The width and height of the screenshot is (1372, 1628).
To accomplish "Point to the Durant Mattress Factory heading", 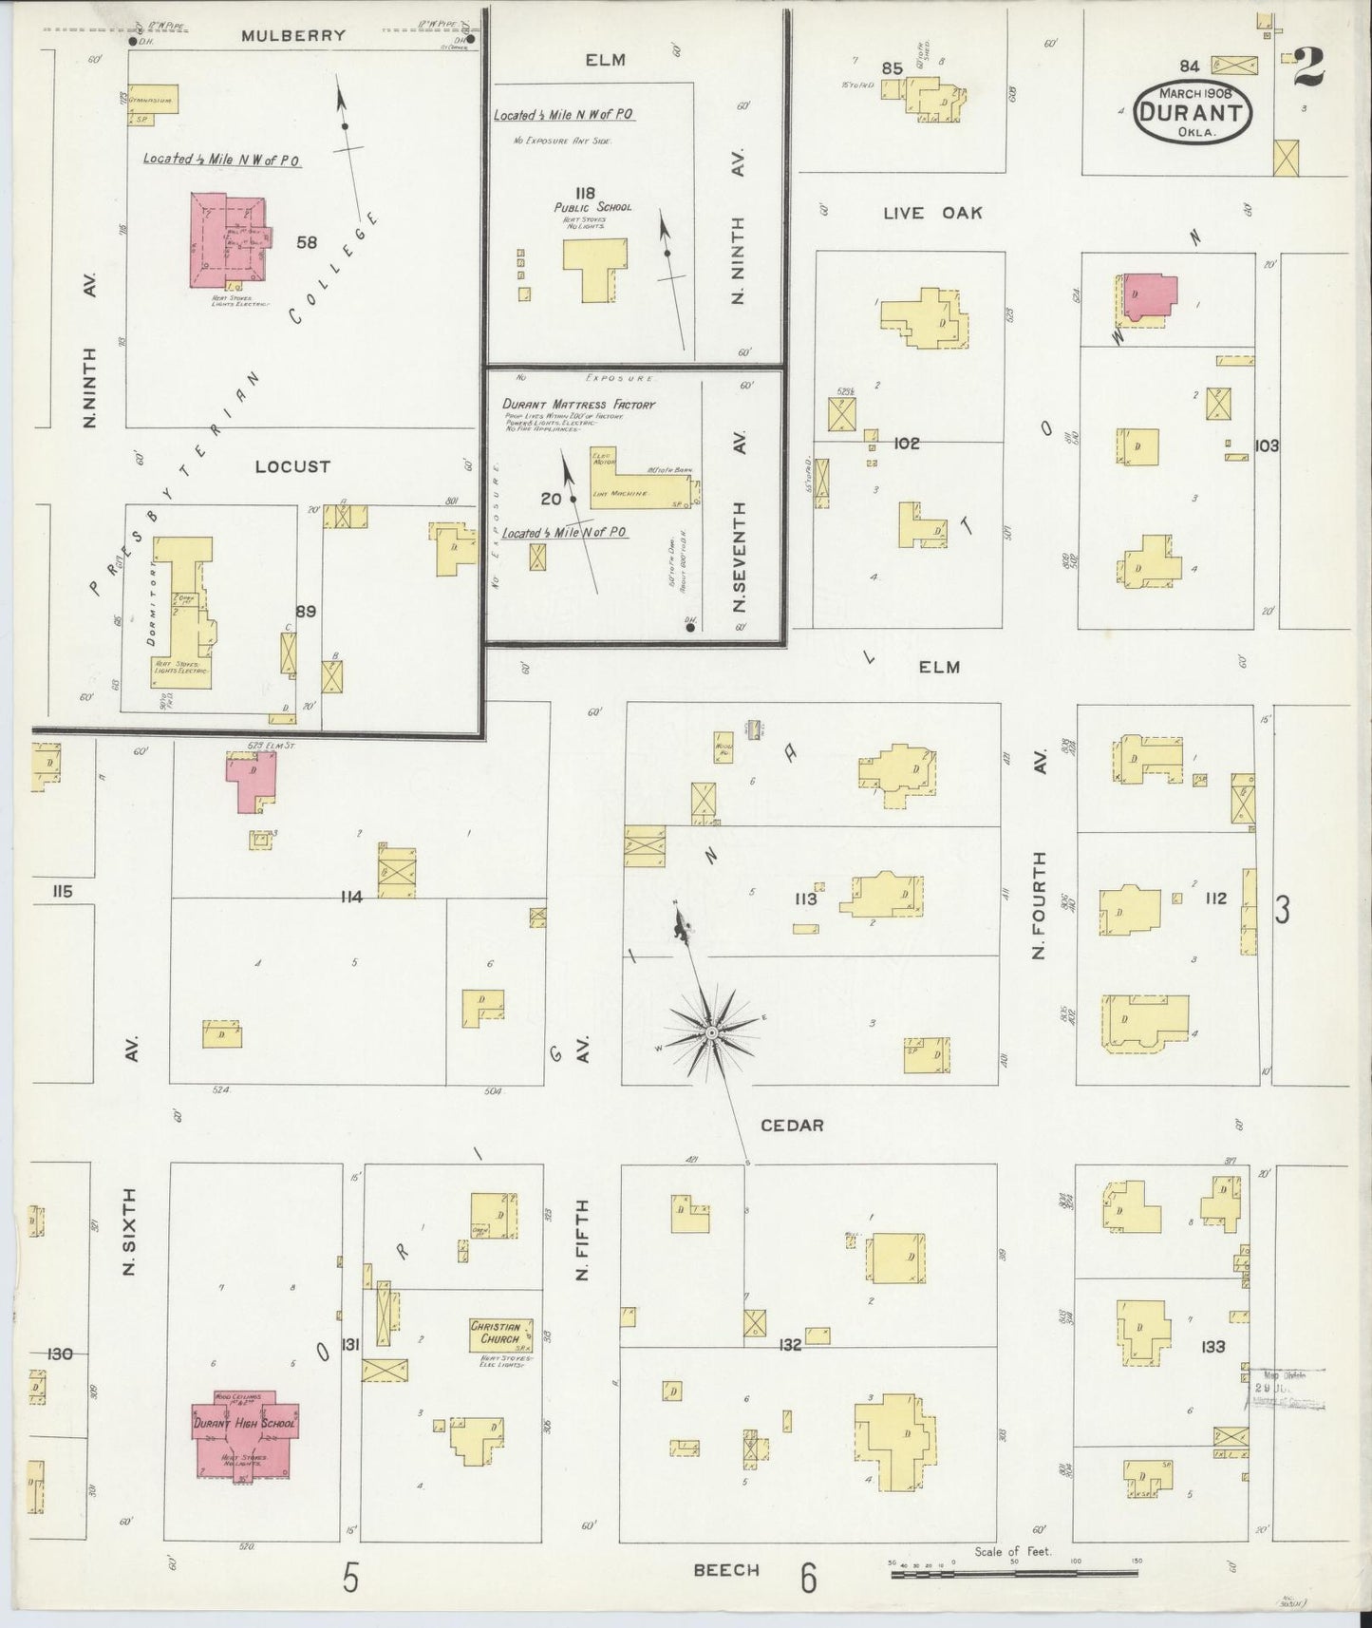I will coord(579,405).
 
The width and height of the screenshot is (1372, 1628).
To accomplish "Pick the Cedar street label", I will coord(792,1126).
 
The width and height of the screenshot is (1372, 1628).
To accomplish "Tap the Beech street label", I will coord(725,1570).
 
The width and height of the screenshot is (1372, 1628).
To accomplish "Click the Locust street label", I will coord(292,467).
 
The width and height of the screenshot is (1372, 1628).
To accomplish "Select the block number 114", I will coord(350,897).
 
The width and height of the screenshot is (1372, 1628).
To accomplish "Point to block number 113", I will coord(805,899).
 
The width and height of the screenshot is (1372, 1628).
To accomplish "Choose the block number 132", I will coord(789,1345).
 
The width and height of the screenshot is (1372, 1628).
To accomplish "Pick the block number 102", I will coord(907,443).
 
